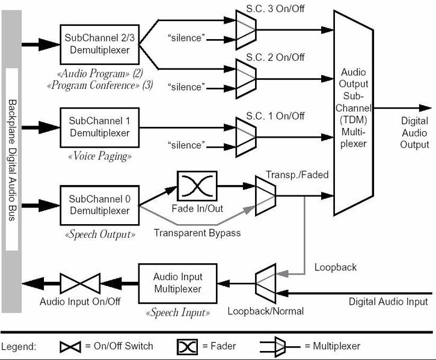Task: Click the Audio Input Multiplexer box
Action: click(177, 283)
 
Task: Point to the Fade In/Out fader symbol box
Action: click(197, 186)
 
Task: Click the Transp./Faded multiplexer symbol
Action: click(265, 195)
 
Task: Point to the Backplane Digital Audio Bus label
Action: click(11, 160)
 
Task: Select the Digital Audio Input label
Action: click(388, 301)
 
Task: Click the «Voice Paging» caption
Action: click(100, 156)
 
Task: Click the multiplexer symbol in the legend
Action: click(277, 346)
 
